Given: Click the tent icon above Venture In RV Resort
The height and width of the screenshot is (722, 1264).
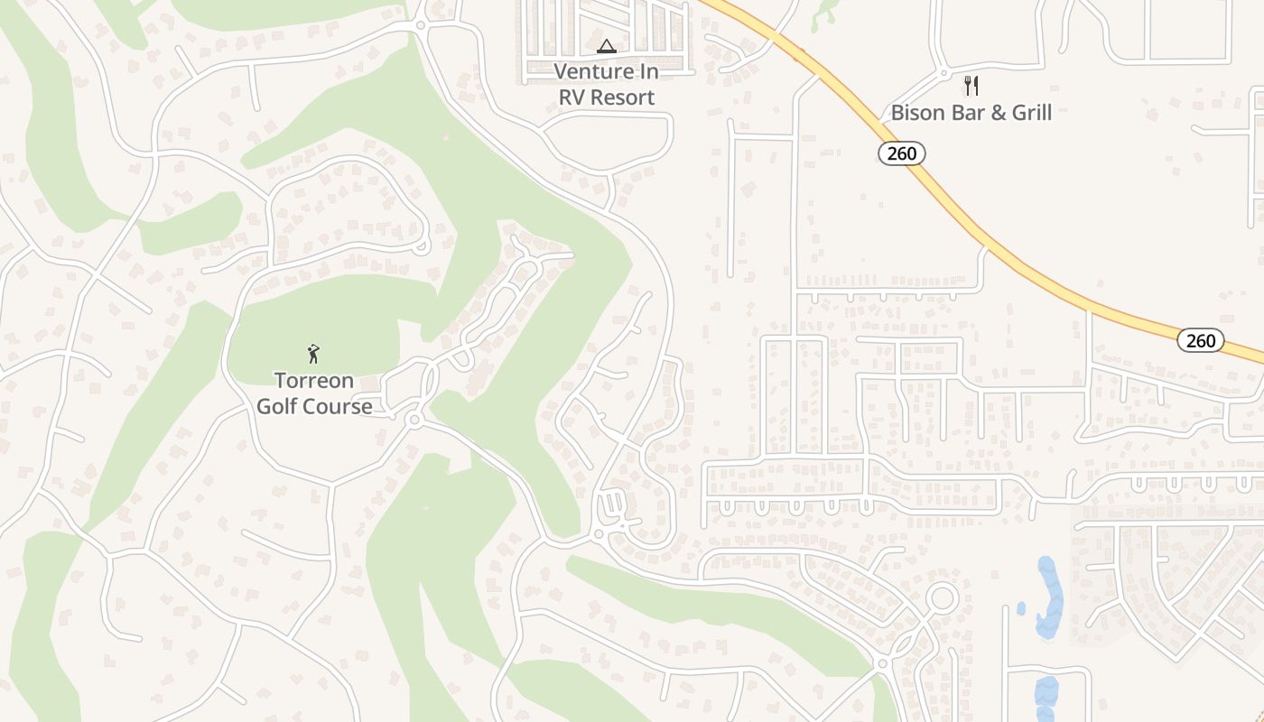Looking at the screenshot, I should click(x=607, y=46).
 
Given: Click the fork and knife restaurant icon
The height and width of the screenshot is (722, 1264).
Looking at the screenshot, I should click(x=971, y=86).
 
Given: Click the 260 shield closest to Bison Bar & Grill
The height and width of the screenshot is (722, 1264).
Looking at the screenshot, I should click(x=902, y=153).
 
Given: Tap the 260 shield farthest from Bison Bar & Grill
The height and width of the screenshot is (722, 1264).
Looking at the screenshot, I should click(x=1201, y=340).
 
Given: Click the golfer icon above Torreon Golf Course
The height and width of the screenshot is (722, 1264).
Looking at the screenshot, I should click(x=313, y=353).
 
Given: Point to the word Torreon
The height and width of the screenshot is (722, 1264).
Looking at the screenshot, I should click(x=315, y=381).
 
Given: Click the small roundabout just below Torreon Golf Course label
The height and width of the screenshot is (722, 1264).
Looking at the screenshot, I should click(x=414, y=420).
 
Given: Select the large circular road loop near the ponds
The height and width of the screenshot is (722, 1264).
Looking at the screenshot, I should click(x=943, y=597).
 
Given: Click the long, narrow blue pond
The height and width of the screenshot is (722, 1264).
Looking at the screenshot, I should click(x=1048, y=596).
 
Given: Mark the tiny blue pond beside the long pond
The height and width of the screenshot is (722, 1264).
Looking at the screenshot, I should click(x=1021, y=608).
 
